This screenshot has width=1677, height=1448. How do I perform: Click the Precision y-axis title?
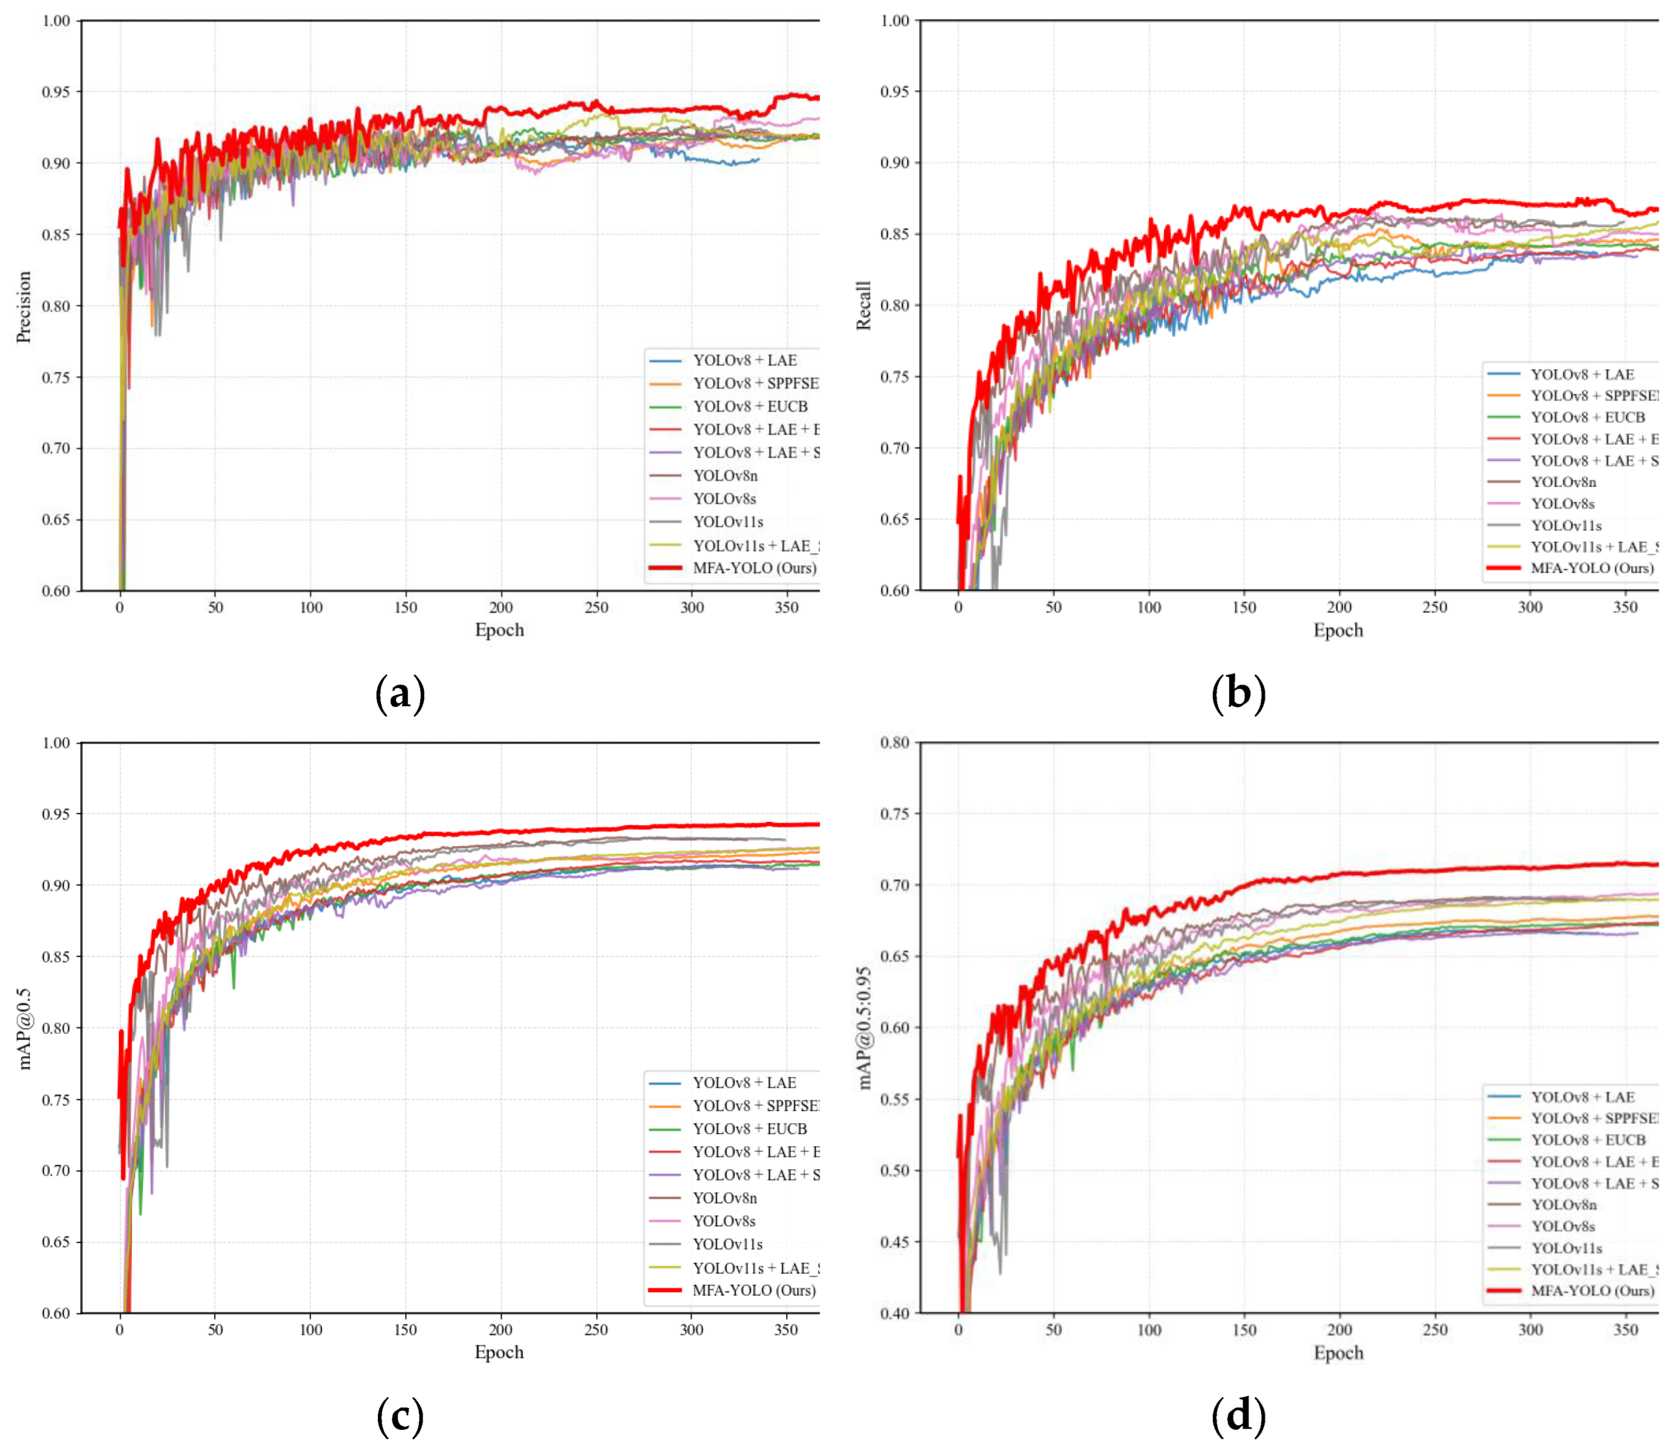(23, 307)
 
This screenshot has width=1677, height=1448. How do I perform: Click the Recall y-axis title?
(863, 306)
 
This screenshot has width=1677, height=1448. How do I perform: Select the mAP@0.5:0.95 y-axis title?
(863, 1028)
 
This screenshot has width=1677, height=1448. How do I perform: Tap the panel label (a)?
(400, 694)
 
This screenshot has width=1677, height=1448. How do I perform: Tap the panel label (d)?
(1238, 1415)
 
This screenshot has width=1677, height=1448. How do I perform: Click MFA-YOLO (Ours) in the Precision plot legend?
(754, 568)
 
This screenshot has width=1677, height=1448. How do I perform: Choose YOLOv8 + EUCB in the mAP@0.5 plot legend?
(750, 1128)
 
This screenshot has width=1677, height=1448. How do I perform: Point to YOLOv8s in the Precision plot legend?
(724, 499)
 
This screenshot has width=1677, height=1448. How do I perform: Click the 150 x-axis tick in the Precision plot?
(406, 607)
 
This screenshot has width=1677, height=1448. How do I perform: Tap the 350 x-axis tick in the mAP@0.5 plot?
(786, 1330)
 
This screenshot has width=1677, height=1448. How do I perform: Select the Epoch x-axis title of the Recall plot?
(1338, 631)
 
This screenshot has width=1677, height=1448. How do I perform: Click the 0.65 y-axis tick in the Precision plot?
(56, 520)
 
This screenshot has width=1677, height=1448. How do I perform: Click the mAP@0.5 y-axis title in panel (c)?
(23, 1028)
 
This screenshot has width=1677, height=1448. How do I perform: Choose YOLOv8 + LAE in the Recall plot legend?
(1581, 374)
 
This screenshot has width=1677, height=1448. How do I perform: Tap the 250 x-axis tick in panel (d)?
(1434, 1330)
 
